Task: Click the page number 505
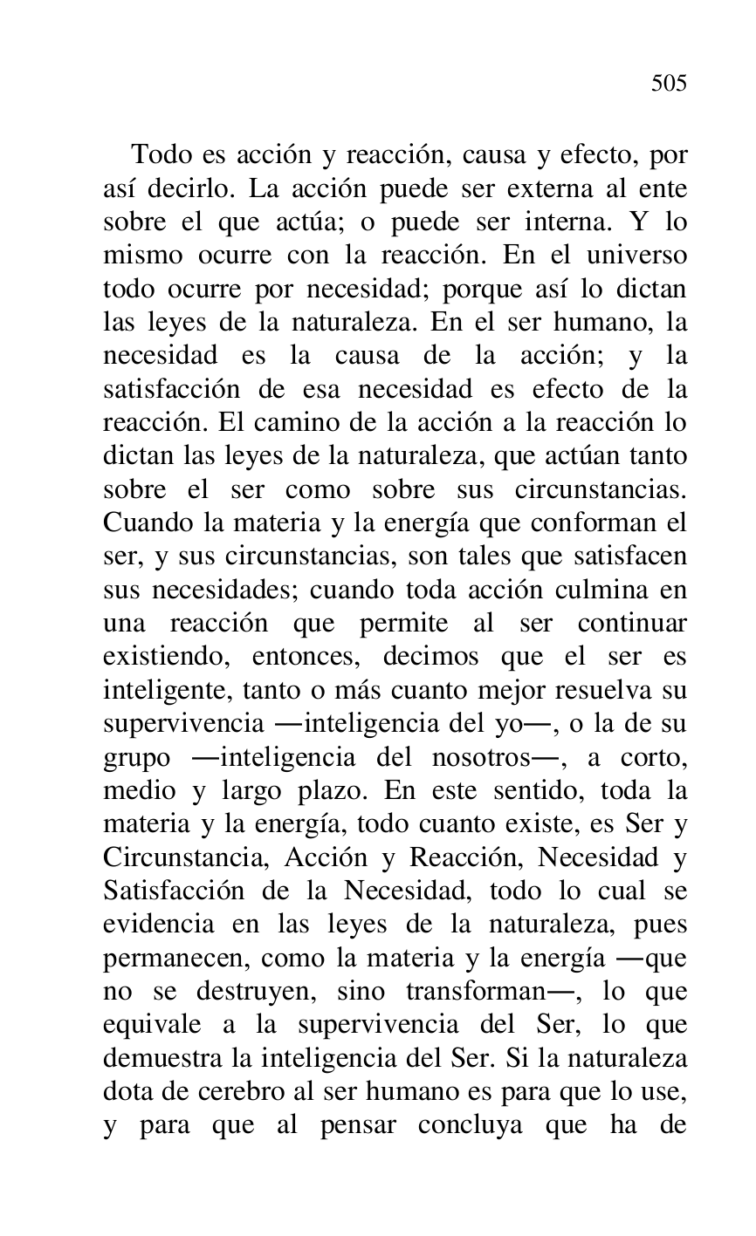pos(669,84)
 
